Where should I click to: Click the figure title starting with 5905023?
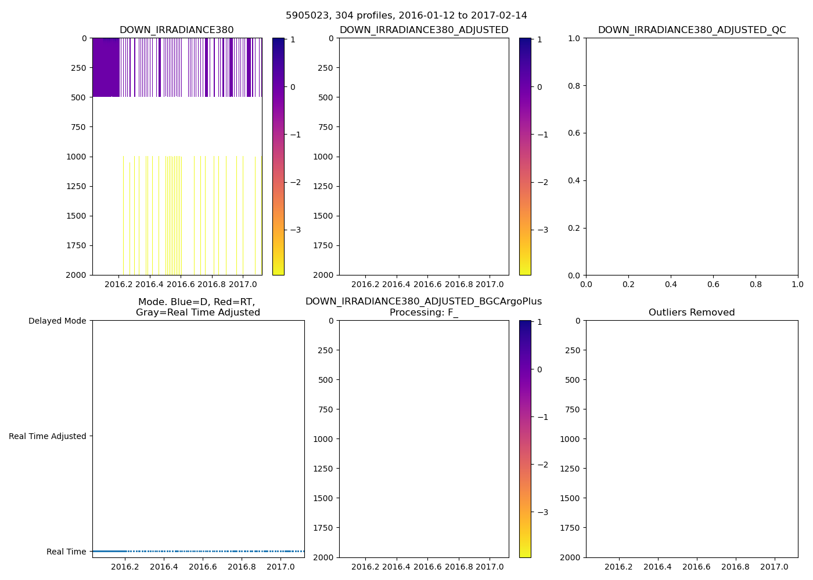[x=406, y=16]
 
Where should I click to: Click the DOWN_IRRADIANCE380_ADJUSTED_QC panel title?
[x=692, y=30]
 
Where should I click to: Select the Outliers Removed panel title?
[x=692, y=313]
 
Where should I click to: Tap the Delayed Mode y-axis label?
[x=57, y=321]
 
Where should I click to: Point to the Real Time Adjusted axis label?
[x=48, y=436]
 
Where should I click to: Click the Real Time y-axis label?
[x=66, y=552]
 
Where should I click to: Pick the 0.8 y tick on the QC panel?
[x=574, y=86]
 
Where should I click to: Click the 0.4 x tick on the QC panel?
[x=671, y=285]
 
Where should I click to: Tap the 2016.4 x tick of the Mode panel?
[x=164, y=567]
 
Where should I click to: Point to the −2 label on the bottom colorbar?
[x=542, y=465]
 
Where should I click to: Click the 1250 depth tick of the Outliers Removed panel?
[x=571, y=469]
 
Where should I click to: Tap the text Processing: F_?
[x=424, y=313]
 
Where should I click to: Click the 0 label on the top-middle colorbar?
[x=539, y=87]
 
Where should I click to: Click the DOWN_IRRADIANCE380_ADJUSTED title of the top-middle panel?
[x=424, y=30]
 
